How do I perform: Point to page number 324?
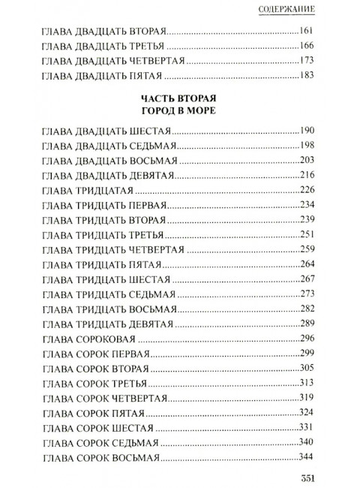point(307,411)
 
